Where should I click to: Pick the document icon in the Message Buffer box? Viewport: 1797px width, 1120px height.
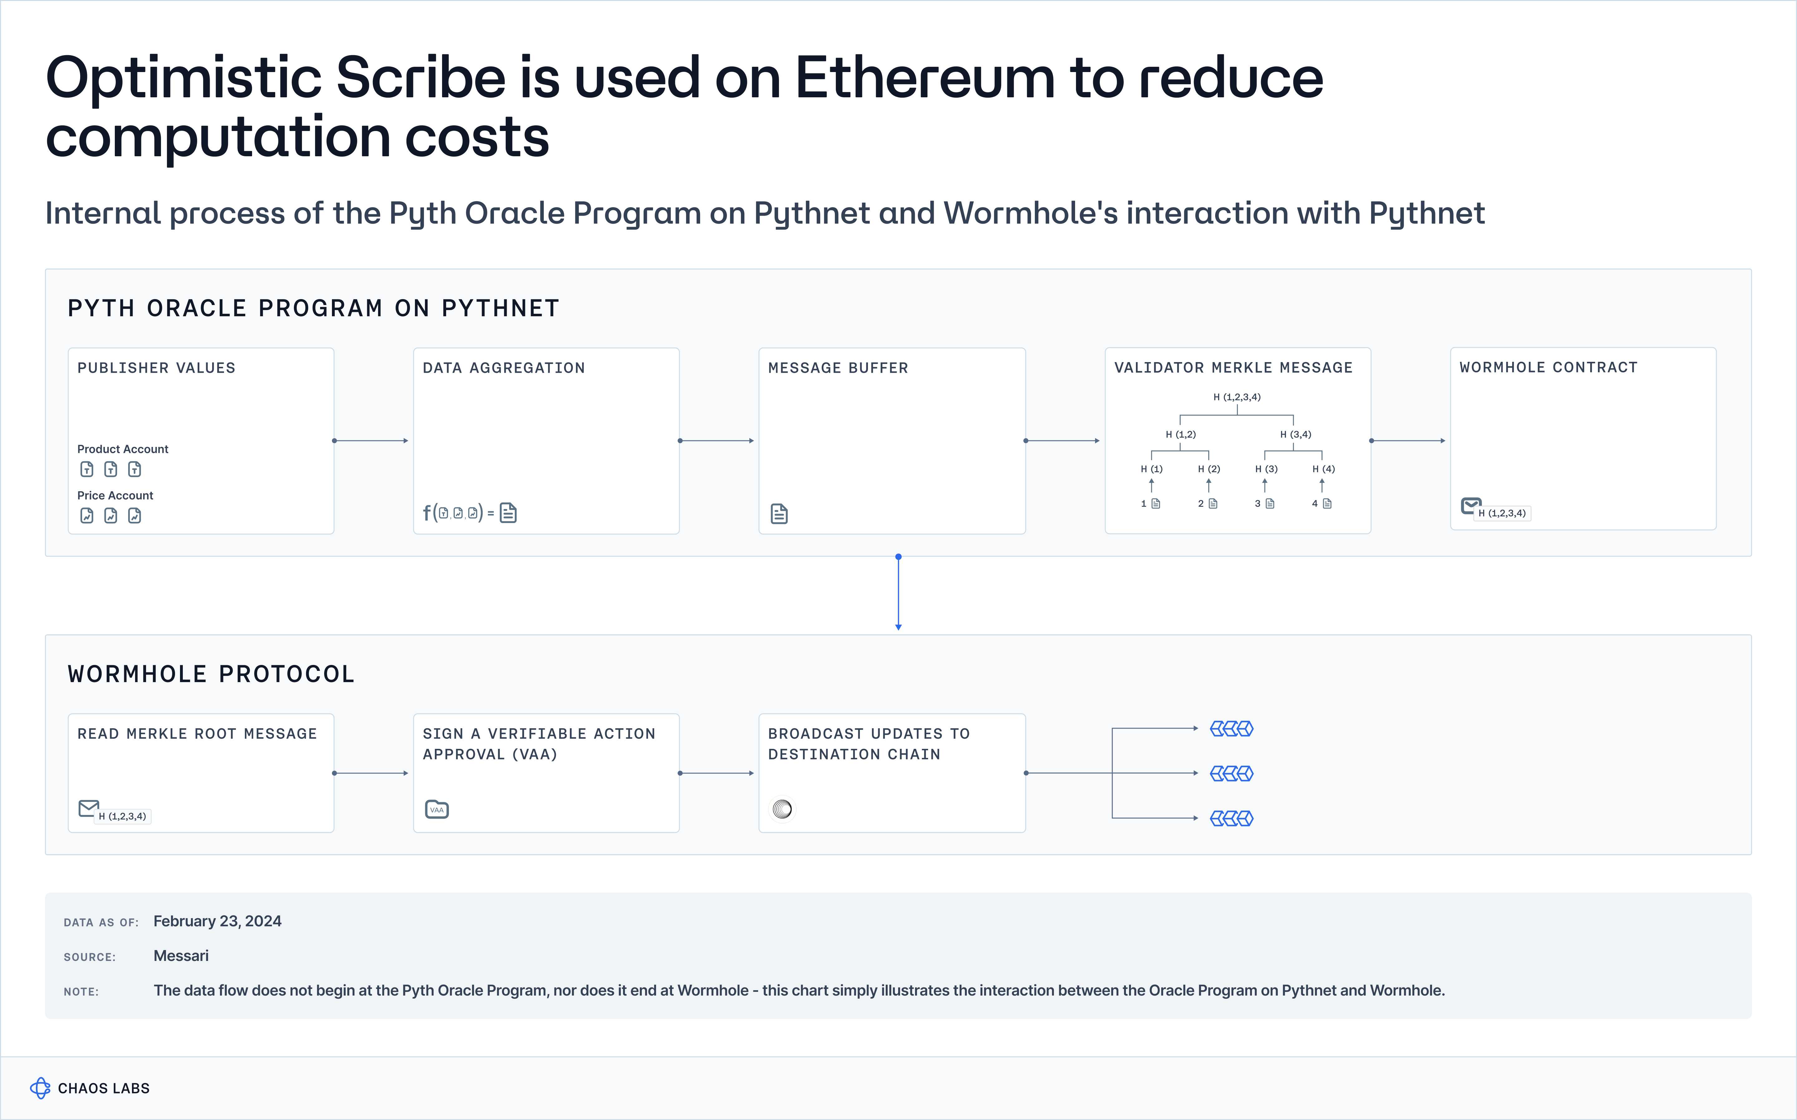778,513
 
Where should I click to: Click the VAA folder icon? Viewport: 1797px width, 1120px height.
436,809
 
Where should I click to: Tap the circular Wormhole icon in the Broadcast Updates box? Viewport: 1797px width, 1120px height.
782,809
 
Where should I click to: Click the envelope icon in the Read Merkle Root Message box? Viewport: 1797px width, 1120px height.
88,807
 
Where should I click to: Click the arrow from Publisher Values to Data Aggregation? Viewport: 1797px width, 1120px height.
370,441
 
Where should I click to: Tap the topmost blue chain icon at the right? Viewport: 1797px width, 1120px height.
1231,729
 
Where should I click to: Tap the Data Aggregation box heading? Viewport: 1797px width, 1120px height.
504,368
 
